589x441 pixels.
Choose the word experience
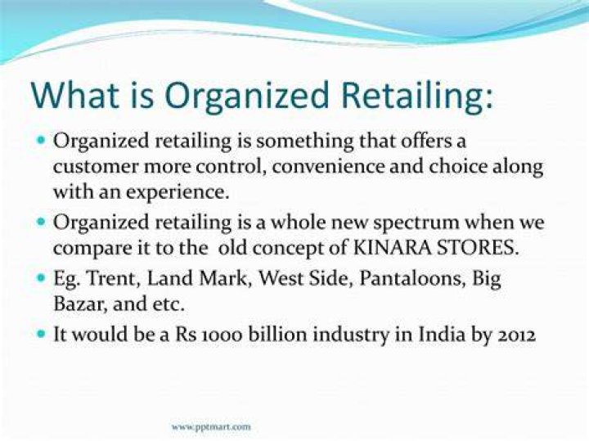click(x=178, y=193)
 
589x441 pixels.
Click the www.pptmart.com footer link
click(x=211, y=427)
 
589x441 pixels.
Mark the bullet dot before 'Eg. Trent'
click(x=42, y=278)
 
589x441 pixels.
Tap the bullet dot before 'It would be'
click(x=42, y=334)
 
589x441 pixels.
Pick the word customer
click(x=97, y=167)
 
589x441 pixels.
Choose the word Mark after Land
click(x=223, y=278)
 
